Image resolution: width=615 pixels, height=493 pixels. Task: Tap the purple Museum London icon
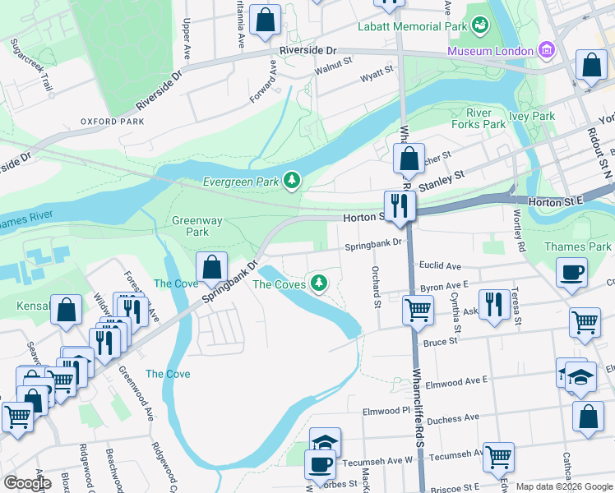(546, 52)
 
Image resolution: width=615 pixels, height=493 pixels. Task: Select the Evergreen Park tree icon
(291, 179)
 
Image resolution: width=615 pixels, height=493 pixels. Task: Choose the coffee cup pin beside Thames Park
(571, 272)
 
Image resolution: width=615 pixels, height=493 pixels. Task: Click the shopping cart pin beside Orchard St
(418, 310)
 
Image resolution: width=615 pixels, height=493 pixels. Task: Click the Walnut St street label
(333, 61)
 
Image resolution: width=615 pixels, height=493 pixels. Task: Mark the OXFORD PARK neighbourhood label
(112, 122)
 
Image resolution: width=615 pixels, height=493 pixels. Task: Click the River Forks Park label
(479, 118)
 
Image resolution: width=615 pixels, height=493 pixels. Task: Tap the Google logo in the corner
(27, 483)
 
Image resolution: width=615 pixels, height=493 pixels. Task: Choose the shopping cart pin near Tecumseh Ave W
(498, 456)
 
